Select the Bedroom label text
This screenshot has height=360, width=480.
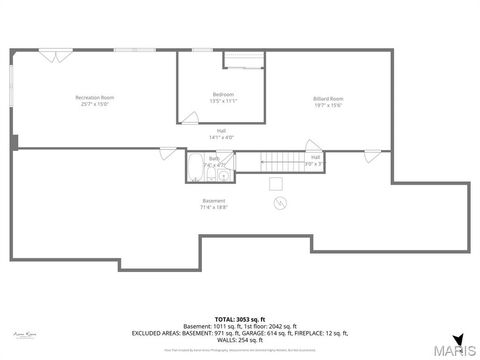pyautogui.click(x=223, y=94)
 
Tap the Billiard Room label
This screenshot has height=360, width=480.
pyautogui.click(x=328, y=98)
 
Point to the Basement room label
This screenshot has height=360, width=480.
pyautogui.click(x=214, y=201)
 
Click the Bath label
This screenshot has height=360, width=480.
pyautogui.click(x=214, y=158)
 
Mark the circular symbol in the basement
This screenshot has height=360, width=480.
pyautogui.click(x=278, y=202)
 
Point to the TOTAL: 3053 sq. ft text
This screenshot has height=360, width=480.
pyautogui.click(x=240, y=318)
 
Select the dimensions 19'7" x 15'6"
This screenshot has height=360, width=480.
pyautogui.click(x=328, y=104)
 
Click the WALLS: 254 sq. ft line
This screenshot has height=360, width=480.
pyautogui.click(x=240, y=339)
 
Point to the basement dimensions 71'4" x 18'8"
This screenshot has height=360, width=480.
pyautogui.click(x=214, y=207)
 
